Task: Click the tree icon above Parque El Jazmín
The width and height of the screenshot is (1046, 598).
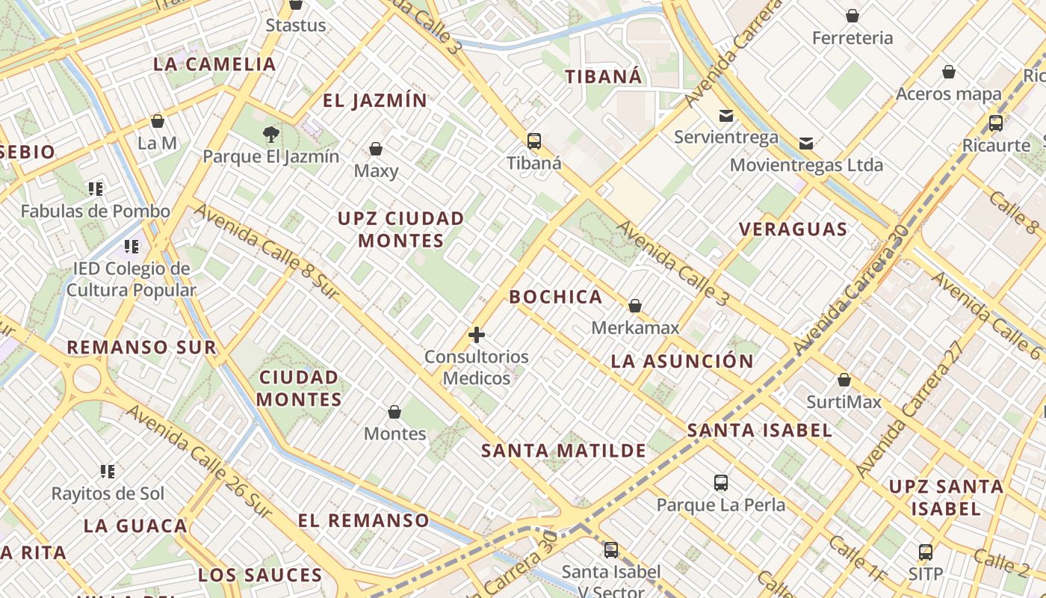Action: pyautogui.click(x=271, y=135)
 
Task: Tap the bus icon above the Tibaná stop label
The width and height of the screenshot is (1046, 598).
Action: pyautogui.click(x=533, y=141)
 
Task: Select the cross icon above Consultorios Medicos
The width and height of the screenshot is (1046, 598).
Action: pyautogui.click(x=476, y=335)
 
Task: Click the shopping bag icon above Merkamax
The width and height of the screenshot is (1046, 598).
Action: pyautogui.click(x=635, y=306)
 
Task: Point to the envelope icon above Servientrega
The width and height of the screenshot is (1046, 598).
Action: pyautogui.click(x=725, y=116)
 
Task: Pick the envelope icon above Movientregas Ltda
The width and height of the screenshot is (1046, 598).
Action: pyautogui.click(x=805, y=143)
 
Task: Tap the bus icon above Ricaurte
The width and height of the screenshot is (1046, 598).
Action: pyautogui.click(x=995, y=123)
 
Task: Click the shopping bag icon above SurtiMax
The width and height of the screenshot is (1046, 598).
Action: pyautogui.click(x=844, y=380)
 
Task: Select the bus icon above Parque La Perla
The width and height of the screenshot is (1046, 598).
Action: pyautogui.click(x=720, y=483)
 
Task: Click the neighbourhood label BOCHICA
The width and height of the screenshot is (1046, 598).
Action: pyautogui.click(x=556, y=298)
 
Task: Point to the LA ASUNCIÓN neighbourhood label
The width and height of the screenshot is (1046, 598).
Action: pyautogui.click(x=682, y=362)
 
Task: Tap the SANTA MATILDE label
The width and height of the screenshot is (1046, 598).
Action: pyautogui.click(x=563, y=451)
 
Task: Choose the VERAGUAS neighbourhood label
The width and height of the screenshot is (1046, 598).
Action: pyautogui.click(x=793, y=229)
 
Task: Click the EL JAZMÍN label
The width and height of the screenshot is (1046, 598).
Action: pyautogui.click(x=374, y=101)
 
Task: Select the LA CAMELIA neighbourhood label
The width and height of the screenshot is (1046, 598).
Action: pyautogui.click(x=214, y=64)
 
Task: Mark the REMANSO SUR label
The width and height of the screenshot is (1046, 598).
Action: pyautogui.click(x=141, y=348)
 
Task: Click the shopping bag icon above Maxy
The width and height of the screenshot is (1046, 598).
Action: pyautogui.click(x=376, y=149)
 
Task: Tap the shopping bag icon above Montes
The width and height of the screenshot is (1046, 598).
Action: pyautogui.click(x=394, y=412)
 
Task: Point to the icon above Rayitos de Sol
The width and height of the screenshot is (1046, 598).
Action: pyautogui.click(x=108, y=472)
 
